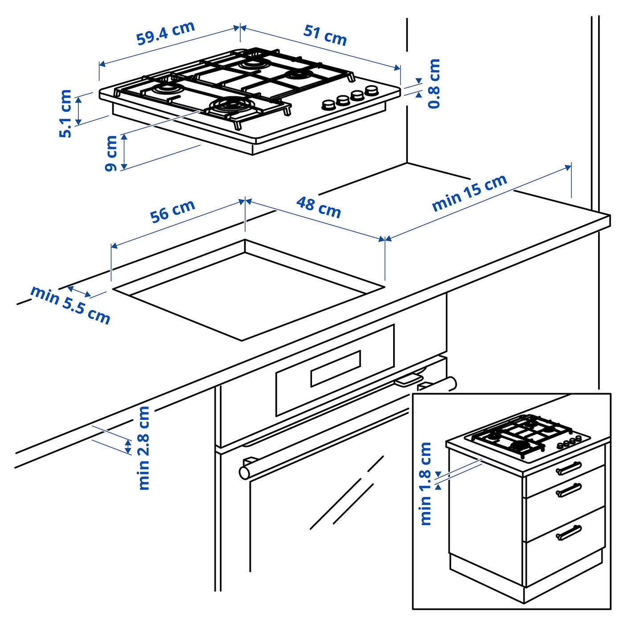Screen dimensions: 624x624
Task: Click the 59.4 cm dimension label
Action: tap(166, 33)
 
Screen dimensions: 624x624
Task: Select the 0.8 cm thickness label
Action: tap(434, 83)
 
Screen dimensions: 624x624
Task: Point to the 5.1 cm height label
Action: tap(66, 113)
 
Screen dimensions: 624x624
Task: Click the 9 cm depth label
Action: tap(111, 153)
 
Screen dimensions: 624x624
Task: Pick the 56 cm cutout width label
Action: tap(172, 211)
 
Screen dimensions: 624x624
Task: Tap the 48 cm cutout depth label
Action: tap(318, 208)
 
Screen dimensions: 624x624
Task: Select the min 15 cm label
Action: tap(469, 192)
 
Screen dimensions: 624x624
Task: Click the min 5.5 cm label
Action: tap(70, 305)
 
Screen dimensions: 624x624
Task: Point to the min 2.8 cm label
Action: tap(144, 447)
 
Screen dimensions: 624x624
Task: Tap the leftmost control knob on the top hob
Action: tap(329, 105)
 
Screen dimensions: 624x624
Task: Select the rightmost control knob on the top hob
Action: tap(371, 91)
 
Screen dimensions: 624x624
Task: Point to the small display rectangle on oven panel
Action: tap(335, 368)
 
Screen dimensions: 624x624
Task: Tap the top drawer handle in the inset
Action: tap(569, 468)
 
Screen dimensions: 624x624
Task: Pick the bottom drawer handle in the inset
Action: tap(569, 533)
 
